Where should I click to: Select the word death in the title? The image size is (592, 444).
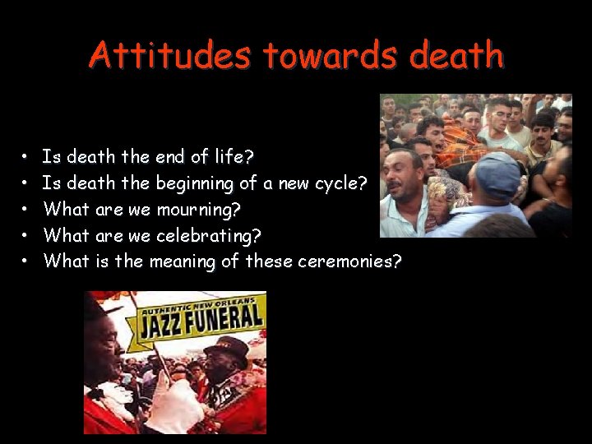456,56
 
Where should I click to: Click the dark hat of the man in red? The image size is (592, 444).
226,346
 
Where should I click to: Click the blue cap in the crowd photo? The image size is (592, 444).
498,173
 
